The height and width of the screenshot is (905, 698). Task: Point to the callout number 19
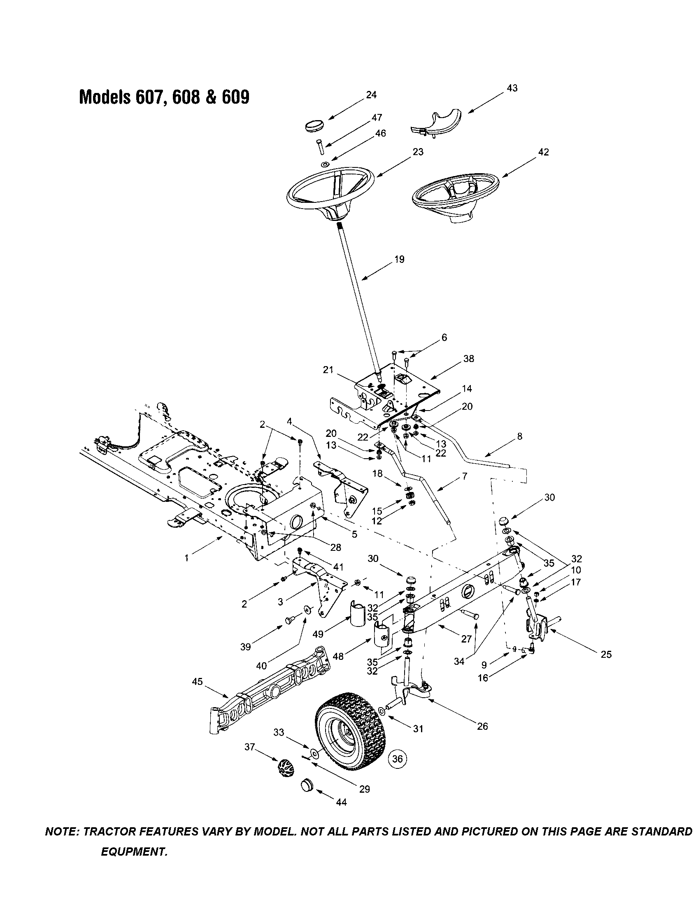pos(399,260)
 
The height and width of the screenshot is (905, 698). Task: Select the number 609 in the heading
pos(236,97)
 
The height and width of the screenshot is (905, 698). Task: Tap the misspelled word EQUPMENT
pos(134,852)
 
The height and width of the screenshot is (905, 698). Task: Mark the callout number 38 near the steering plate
pos(468,358)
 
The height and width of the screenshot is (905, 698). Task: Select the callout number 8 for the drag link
pos(520,436)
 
